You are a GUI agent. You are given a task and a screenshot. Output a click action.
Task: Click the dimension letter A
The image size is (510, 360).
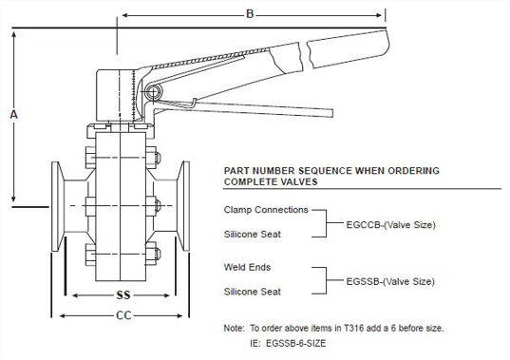point(13,113)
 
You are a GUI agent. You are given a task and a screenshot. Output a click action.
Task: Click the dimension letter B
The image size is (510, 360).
point(250,13)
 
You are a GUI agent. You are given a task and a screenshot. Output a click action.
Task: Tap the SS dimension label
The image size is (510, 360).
point(122,294)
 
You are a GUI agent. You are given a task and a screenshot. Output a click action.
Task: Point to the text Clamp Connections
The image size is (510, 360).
point(266,209)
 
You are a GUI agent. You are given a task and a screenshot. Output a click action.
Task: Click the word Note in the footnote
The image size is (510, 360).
point(234,328)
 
